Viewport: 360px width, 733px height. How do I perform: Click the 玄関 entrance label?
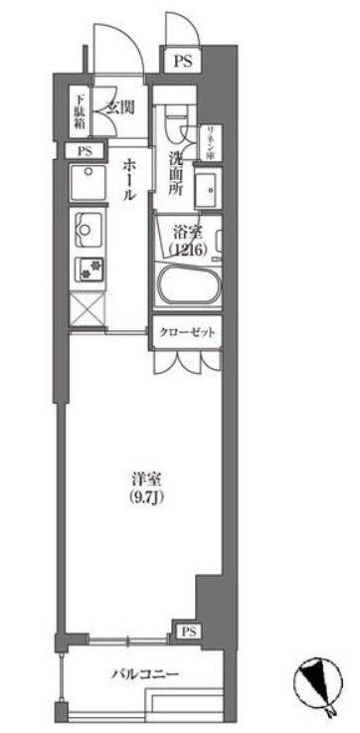(x=120, y=105)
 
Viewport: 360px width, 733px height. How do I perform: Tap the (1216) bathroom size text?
(x=187, y=251)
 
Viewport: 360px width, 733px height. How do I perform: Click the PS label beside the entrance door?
(x=182, y=61)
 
